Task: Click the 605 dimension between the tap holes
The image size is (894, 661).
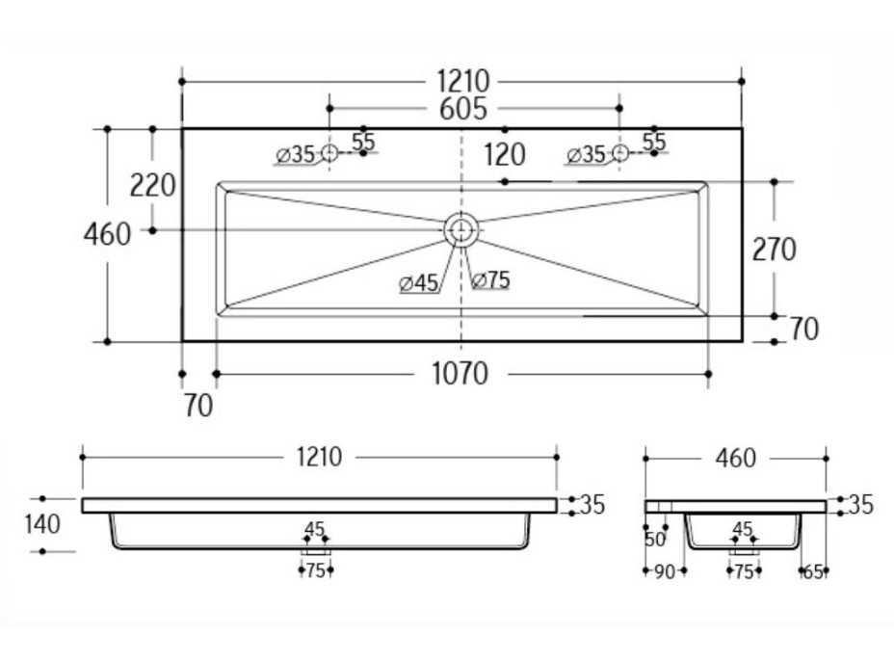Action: coord(463,109)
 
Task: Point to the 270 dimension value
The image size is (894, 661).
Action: coord(775,250)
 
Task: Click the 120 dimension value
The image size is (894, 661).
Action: coord(505,154)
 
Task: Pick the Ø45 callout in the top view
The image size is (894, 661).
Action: coord(418,282)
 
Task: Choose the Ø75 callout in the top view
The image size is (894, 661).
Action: coord(491,280)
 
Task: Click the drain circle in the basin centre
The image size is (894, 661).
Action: coord(461,229)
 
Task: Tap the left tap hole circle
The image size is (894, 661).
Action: coord(329,153)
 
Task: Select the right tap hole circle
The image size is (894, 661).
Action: coord(620,152)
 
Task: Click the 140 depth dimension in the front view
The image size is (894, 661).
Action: coord(44,525)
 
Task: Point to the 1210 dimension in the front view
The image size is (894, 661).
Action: coord(319,457)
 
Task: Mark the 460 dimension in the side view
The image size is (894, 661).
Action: coord(735,458)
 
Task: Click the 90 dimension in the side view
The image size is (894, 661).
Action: coord(664,571)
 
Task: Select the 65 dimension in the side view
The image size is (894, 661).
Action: coord(812,571)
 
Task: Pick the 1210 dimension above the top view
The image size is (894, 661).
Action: coord(461,81)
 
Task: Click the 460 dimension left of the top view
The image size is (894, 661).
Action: coord(107,234)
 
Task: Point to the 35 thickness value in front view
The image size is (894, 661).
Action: coord(591,505)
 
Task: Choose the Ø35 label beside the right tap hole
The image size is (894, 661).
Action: coord(588,154)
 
